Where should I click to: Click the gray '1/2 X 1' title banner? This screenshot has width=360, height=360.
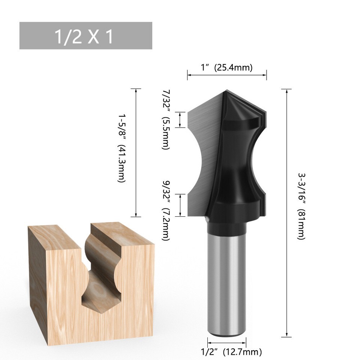tap(85, 36)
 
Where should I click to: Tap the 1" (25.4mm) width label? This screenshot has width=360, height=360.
tap(226, 67)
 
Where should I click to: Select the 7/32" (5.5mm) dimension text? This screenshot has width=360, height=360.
tap(165, 119)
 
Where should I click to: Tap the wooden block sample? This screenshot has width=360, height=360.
tap(60, 292)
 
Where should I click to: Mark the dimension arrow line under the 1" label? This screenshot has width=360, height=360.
tap(226, 75)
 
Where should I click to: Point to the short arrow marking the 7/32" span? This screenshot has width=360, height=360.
tap(181, 120)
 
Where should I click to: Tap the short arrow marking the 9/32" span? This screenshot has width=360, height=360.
tap(181, 205)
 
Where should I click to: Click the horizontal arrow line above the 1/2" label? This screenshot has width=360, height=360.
tap(226, 342)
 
